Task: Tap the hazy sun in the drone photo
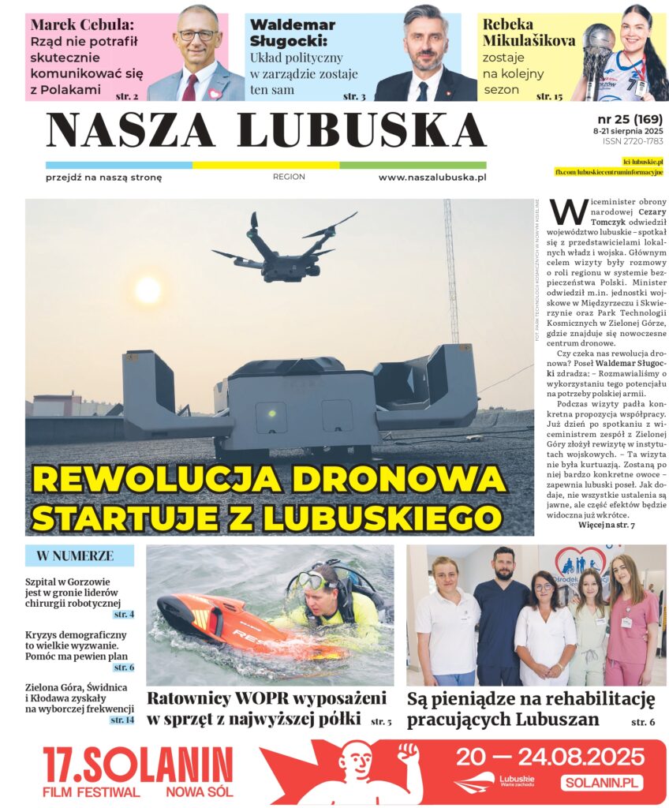point(148,290)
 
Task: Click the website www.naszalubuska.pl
point(432,178)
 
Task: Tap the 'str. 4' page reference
point(123,614)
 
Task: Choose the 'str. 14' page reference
point(121,720)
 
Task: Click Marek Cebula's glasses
point(196,35)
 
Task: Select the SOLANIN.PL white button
point(602,783)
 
